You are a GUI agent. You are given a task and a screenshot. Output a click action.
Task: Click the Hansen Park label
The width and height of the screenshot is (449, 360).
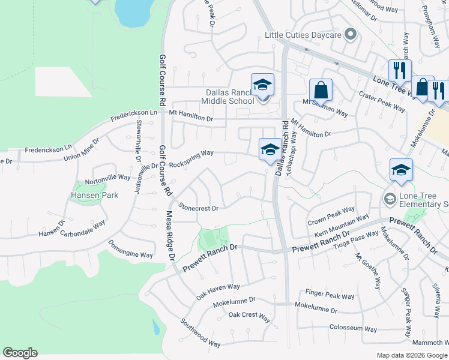coord(95,195)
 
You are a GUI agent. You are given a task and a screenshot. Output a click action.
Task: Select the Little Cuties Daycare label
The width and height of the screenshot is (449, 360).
coord(303,35)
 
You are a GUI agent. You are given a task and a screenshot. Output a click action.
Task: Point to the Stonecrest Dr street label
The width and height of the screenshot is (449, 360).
coord(198,208)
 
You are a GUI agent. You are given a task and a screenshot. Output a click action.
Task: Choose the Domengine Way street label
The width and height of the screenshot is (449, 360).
coord(130,249)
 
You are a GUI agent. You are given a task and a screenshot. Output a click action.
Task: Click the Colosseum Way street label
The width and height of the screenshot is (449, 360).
coord(353,329)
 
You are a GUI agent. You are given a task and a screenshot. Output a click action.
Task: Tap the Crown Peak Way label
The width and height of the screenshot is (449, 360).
coord(331,217)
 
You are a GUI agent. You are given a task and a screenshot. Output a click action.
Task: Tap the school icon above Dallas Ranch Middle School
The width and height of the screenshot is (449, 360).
coord(262,85)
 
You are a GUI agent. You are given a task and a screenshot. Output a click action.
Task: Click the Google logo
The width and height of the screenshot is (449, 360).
coord(20,353)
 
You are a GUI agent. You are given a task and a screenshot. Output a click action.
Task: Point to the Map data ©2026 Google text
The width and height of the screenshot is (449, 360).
coord(411,355)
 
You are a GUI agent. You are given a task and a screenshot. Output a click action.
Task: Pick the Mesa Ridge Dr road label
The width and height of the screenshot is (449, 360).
coord(170,234)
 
